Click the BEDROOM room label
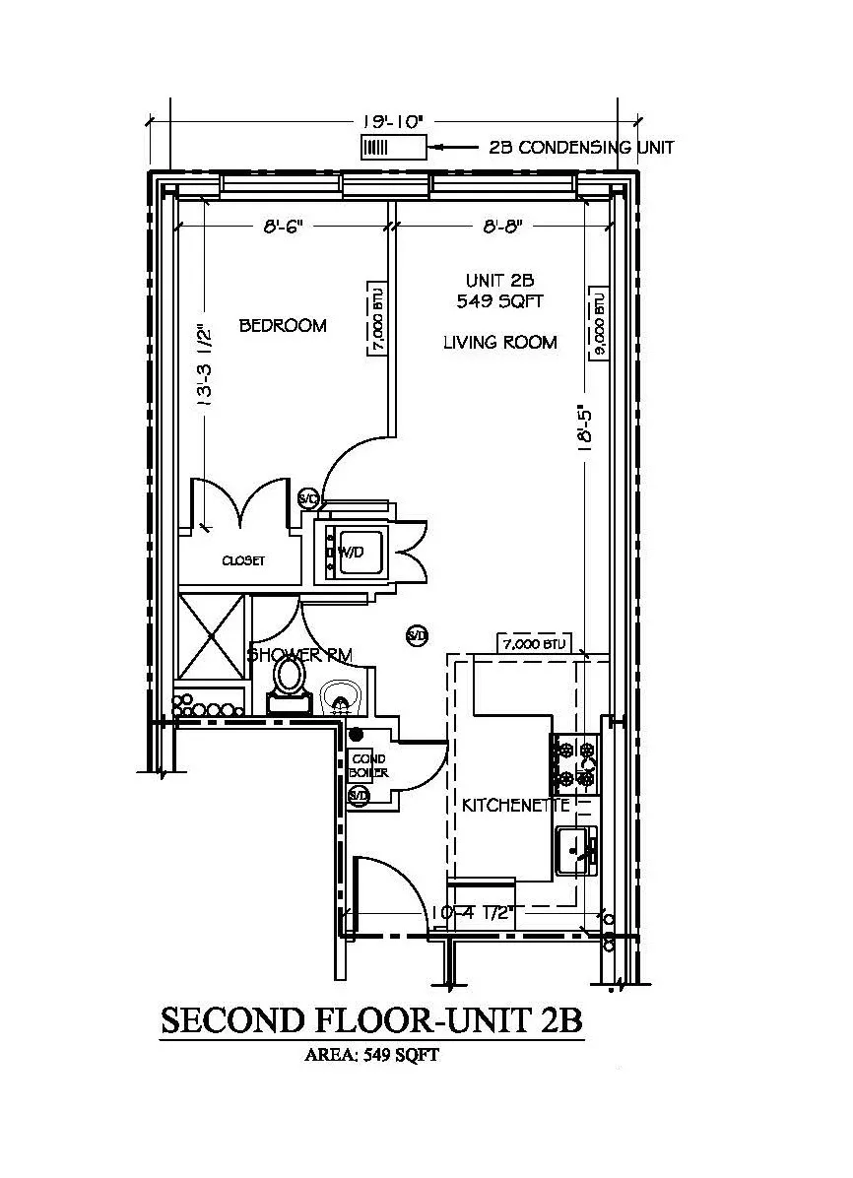(x=283, y=325)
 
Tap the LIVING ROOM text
(x=499, y=343)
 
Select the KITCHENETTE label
(x=516, y=805)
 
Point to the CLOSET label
(x=243, y=560)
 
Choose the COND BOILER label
(x=369, y=766)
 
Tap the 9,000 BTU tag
(x=597, y=326)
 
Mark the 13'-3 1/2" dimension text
(x=204, y=364)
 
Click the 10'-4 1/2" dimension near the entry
(x=472, y=913)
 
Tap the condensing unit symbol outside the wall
(x=392, y=148)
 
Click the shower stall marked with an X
(x=211, y=636)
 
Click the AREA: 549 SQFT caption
(x=371, y=1055)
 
